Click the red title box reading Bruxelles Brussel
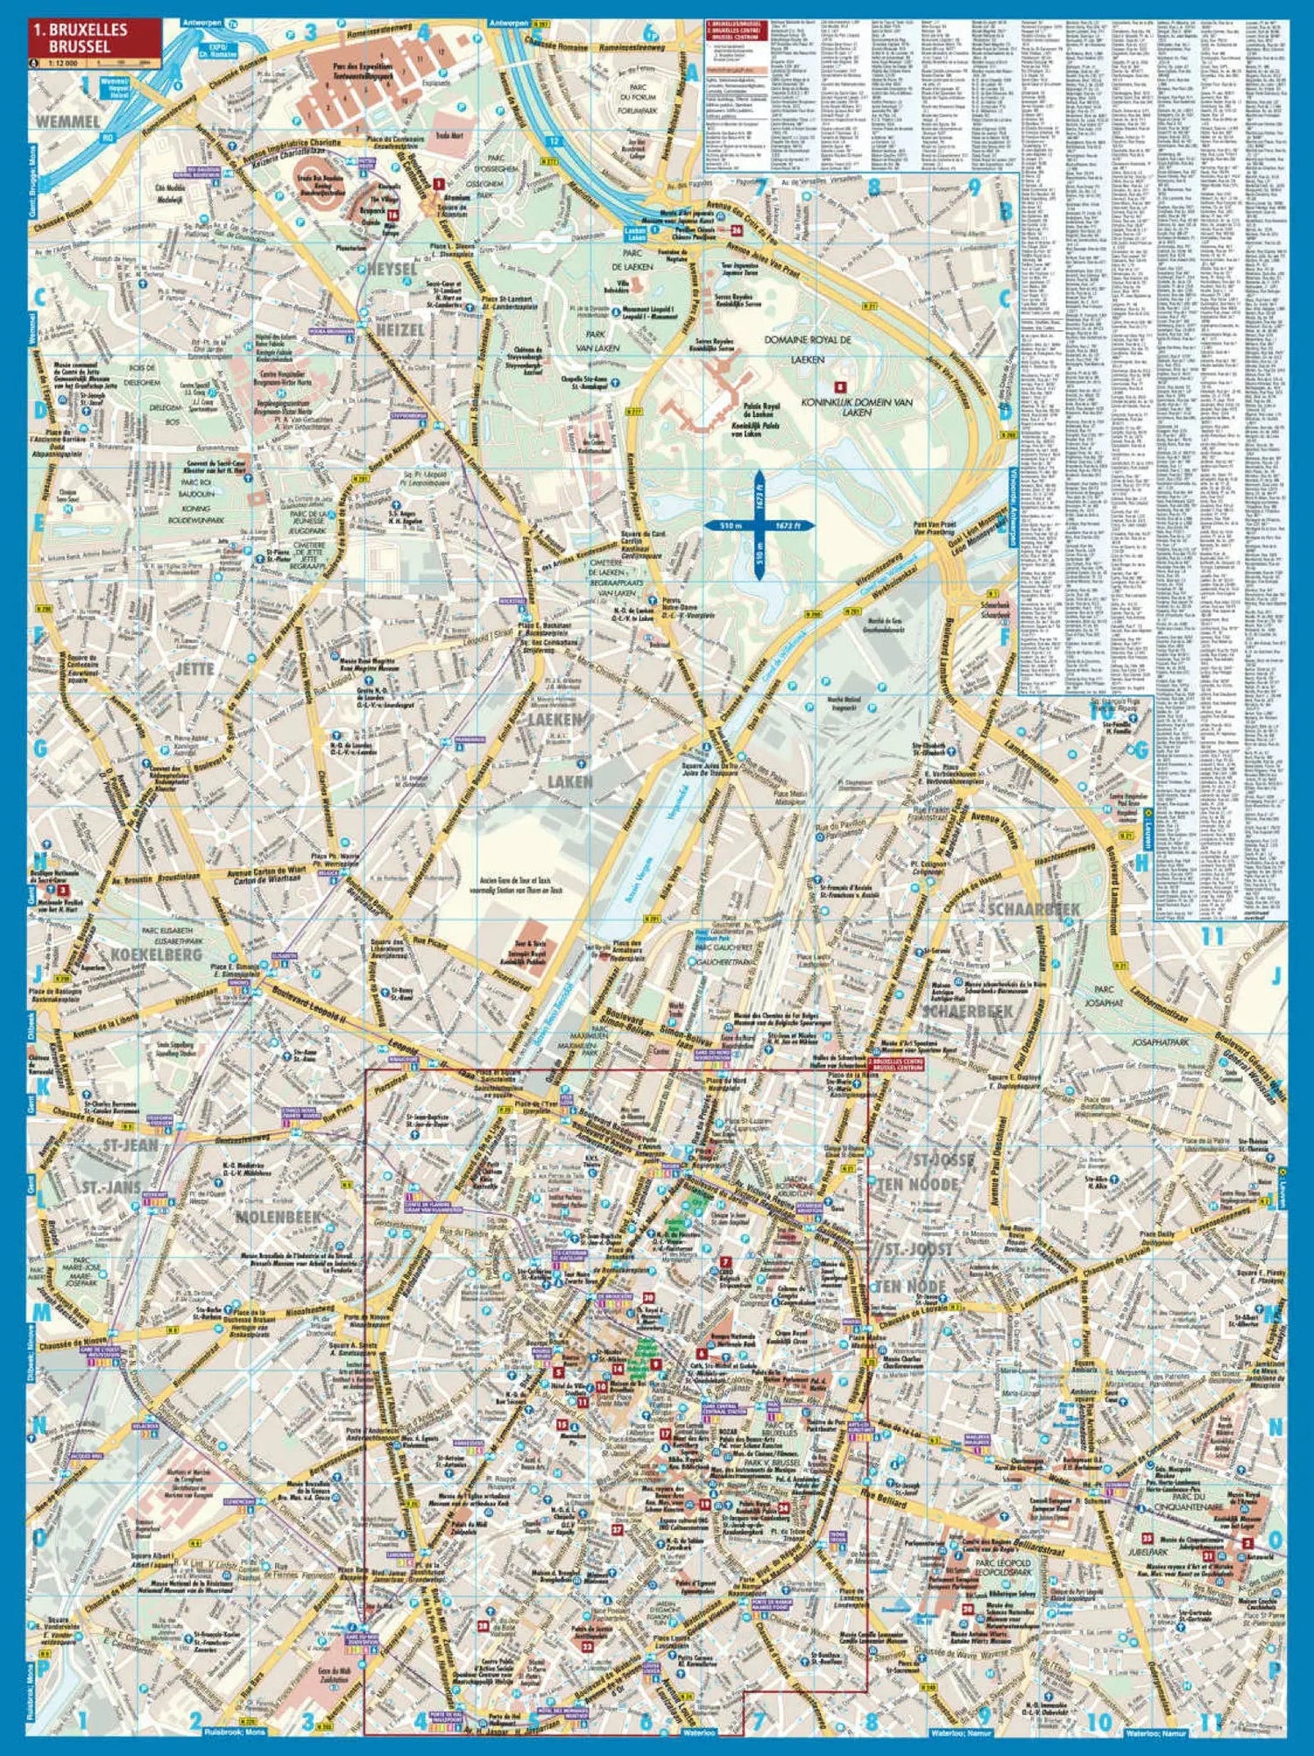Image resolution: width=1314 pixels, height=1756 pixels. coord(94,37)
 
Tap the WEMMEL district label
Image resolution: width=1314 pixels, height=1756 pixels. coord(68,122)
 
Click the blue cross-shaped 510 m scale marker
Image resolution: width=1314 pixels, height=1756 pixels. coord(759,525)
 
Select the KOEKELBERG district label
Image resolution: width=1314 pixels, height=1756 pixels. coord(159,954)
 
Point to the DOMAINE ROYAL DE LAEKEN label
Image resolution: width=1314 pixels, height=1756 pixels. coord(807,348)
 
